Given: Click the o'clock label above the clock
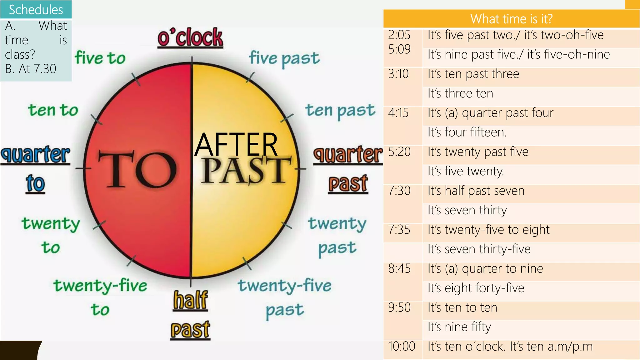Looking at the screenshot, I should coord(190,38).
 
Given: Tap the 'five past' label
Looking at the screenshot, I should coord(284,58).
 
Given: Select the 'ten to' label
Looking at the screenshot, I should coord(53,110).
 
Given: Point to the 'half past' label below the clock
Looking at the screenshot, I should coord(190,314).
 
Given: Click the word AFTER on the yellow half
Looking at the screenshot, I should coord(236,144).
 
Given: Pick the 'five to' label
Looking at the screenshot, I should coord(100,58).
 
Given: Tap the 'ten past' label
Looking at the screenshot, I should coord(340,111).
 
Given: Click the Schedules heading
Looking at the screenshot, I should coord(36,10).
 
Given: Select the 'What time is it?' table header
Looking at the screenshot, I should coord(511,19).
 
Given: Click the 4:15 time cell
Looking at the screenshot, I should coord(398,113).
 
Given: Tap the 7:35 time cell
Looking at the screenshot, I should coord(399,230).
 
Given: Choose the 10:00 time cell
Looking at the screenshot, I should coord(402,346).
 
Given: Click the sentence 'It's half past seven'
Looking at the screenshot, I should coord(476,191).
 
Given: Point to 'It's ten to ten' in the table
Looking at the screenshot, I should coord(462,307).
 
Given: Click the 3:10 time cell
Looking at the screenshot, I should coord(398,74).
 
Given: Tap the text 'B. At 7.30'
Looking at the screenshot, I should coord(31,69).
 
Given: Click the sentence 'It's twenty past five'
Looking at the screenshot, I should coord(478,152).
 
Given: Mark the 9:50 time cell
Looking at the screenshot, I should coord(399,307).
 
